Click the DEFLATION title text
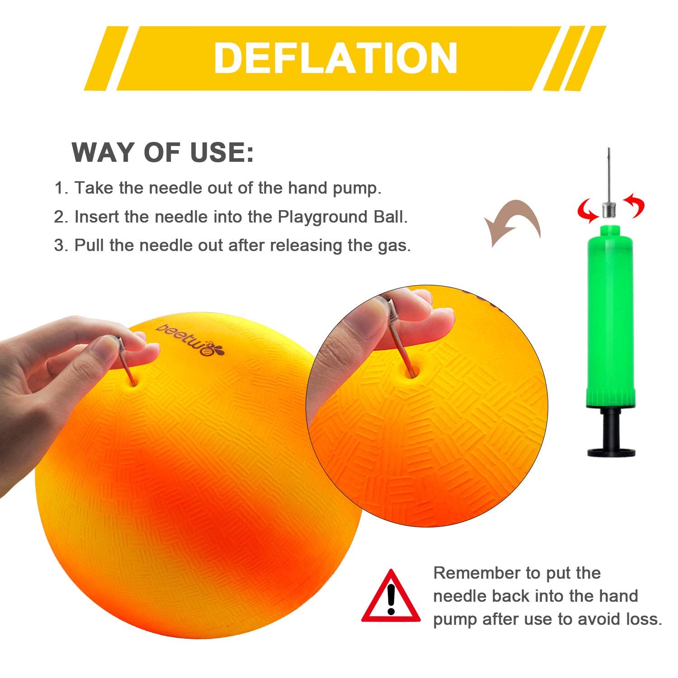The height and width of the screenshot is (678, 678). coord(335,58)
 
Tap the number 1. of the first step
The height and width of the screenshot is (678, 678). coord(61,188)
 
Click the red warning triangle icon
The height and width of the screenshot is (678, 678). coord(391,596)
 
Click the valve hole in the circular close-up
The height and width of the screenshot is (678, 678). coord(414,373)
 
